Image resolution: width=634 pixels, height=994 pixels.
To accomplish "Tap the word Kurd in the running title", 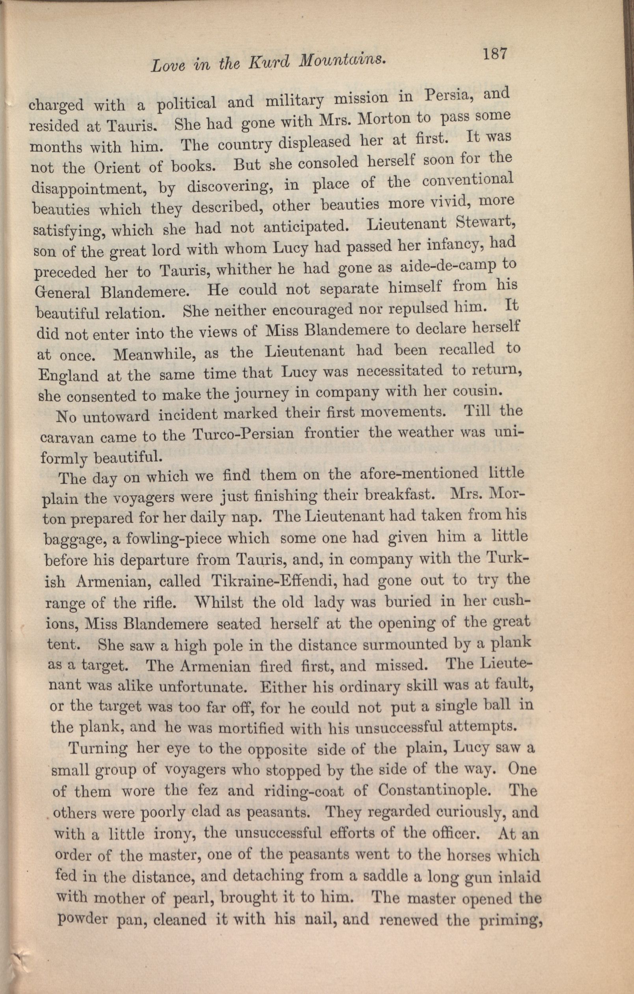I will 274,62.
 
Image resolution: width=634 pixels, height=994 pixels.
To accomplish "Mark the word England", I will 68,376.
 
